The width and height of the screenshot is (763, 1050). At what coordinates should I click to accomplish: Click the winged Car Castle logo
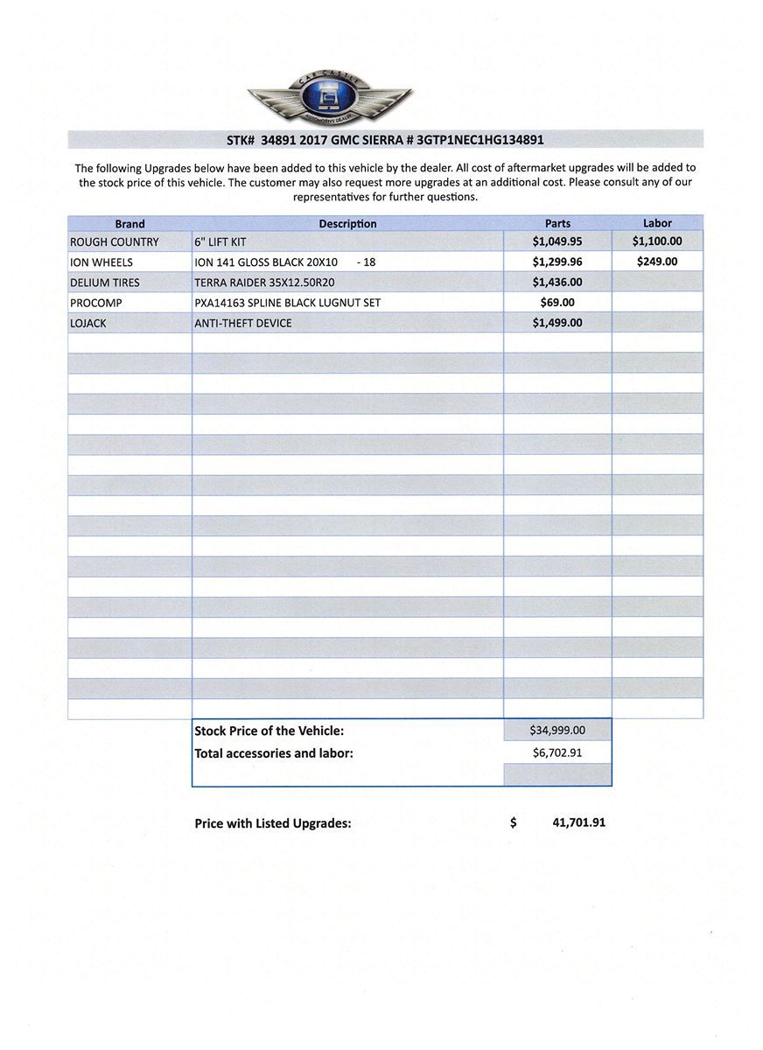[x=330, y=98]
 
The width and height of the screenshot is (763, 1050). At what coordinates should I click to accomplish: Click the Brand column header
[x=129, y=224]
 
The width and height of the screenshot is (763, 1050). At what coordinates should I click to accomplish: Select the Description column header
[x=347, y=224]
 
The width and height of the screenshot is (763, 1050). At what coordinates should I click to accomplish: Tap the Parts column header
[x=557, y=224]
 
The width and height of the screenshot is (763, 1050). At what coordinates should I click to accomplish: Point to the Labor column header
[x=657, y=223]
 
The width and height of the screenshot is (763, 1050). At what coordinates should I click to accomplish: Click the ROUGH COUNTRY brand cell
[x=115, y=242]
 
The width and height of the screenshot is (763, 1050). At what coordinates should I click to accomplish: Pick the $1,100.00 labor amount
[x=657, y=241]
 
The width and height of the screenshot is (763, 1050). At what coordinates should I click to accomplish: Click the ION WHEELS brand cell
[x=101, y=262]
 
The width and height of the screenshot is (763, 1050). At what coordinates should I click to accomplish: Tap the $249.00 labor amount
[x=657, y=262]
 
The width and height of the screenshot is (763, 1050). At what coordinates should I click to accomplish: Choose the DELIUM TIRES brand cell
[x=105, y=283]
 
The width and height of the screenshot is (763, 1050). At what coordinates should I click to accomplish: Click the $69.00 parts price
[x=557, y=303]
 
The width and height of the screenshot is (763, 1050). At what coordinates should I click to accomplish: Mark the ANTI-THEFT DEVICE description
[x=243, y=323]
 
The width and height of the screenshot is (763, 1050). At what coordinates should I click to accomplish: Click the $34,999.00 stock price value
[x=557, y=730]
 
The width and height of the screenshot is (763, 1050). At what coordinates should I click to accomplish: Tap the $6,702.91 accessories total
[x=557, y=752]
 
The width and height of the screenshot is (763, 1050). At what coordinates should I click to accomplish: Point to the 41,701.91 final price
[x=579, y=823]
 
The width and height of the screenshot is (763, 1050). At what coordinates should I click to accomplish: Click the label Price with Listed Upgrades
[x=273, y=823]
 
